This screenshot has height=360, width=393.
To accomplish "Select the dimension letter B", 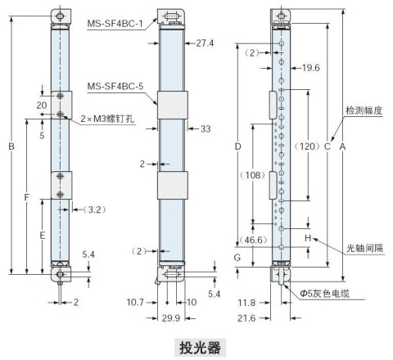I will point(11,147).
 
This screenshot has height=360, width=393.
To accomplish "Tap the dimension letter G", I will point(237,258).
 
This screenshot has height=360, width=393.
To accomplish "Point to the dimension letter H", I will point(308,239).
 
